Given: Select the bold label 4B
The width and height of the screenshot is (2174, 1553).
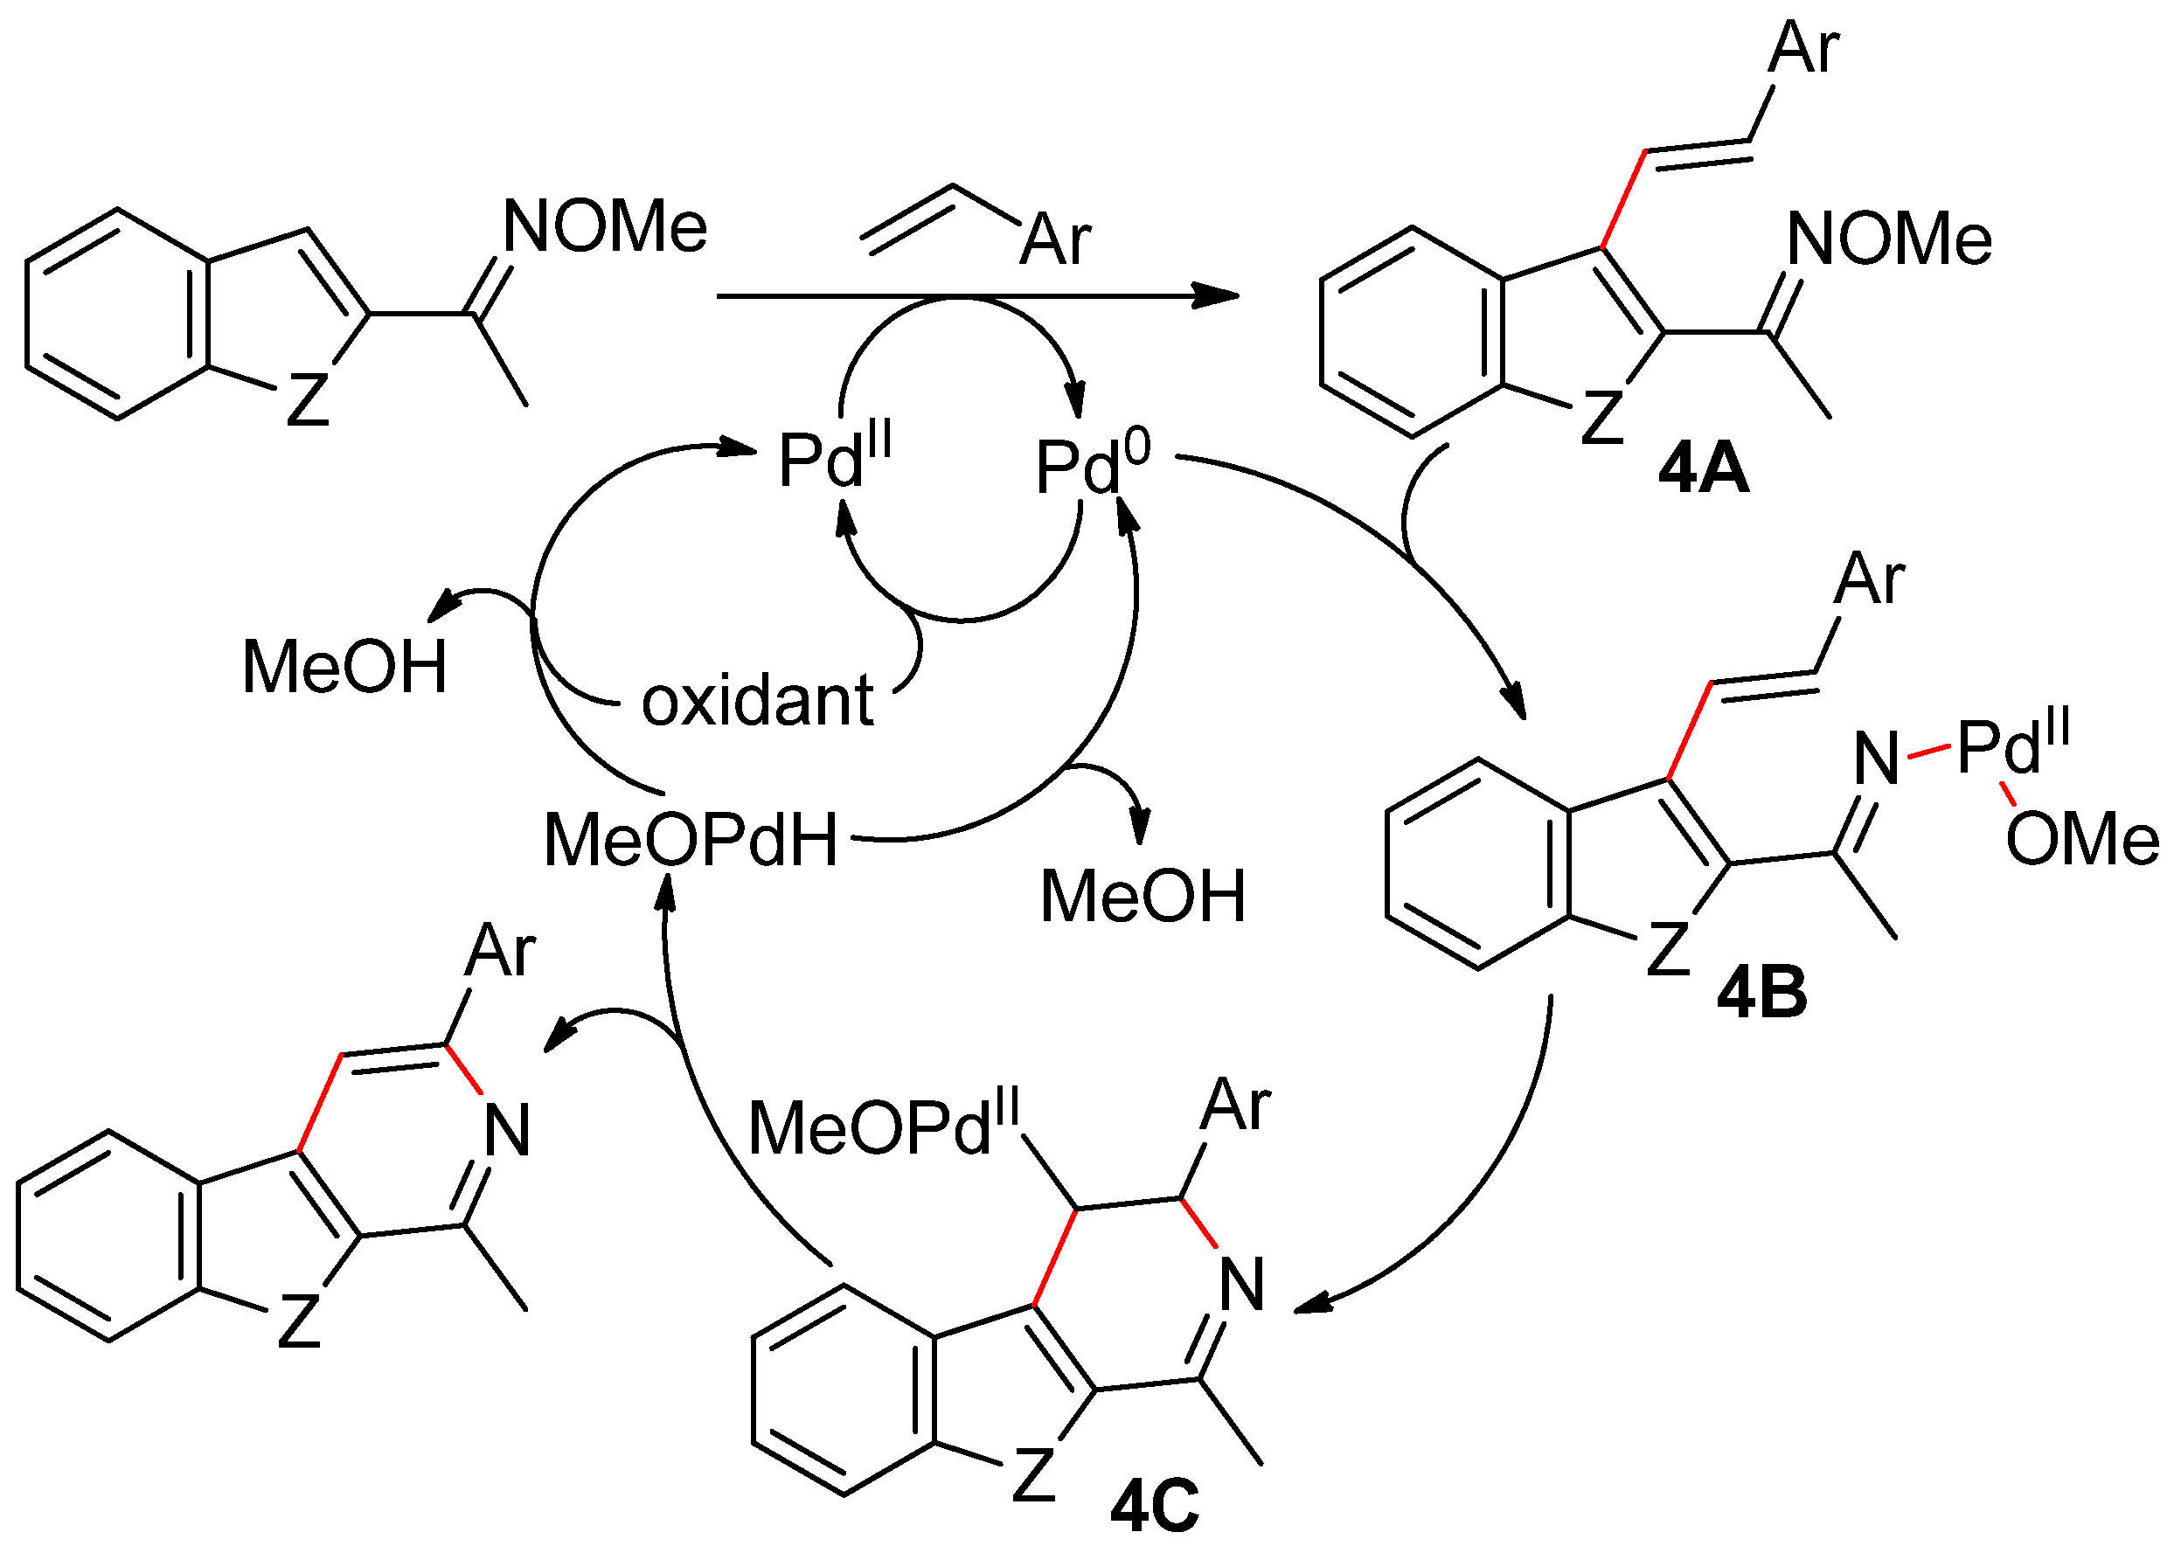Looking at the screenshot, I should tap(1761, 993).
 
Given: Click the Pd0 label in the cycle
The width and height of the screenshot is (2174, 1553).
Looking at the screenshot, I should tap(1091, 466).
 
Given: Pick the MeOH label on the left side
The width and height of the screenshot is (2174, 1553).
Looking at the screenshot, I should tap(344, 667).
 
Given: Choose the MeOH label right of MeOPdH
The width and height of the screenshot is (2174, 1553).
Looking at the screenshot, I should tap(1143, 897).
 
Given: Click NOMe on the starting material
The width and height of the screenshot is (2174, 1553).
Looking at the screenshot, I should tap(605, 227).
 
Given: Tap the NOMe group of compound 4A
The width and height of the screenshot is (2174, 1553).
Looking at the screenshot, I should tap(1889, 239).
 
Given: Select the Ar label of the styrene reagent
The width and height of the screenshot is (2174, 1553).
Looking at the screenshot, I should tap(1055, 239).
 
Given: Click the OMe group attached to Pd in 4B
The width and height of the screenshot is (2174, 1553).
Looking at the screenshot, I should tap(2081, 840).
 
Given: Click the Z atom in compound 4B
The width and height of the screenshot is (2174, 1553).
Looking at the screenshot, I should tap(1668, 948).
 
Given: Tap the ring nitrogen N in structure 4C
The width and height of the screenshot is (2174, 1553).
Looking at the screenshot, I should tap(1242, 1285).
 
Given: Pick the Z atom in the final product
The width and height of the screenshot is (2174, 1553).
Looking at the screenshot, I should tap(298, 1321).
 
